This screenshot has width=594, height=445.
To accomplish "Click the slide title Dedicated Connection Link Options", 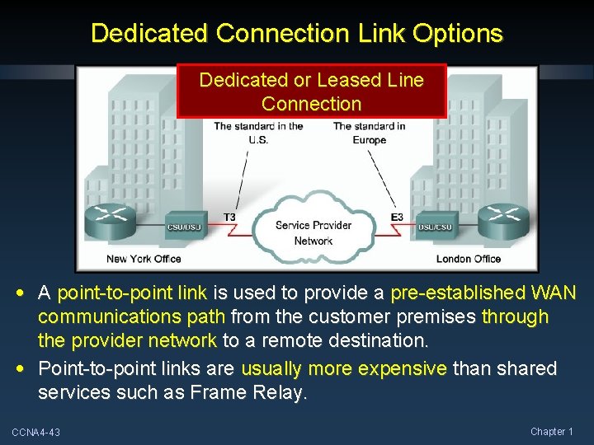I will [x=296, y=34].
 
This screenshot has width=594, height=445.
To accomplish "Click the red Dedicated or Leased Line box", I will [x=311, y=91].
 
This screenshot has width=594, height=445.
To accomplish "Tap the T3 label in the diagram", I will [x=229, y=218].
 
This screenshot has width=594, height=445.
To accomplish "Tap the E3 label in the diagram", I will [x=397, y=218].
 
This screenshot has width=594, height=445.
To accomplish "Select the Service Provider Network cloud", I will [x=313, y=227].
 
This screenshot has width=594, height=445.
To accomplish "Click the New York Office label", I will [x=144, y=259].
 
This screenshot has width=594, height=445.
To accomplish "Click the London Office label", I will [x=469, y=259].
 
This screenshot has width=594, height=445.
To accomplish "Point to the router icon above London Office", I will [x=504, y=217].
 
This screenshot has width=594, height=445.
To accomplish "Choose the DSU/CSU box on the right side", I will [x=434, y=227].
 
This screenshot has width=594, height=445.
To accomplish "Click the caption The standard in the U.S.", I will [x=258, y=133].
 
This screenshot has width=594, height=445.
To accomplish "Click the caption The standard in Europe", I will [x=369, y=133].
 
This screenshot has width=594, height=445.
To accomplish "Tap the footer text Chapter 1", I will [x=552, y=432].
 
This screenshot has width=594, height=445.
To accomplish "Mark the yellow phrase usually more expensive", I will [x=345, y=368].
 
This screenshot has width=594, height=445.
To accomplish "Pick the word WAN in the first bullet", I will [x=554, y=293].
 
